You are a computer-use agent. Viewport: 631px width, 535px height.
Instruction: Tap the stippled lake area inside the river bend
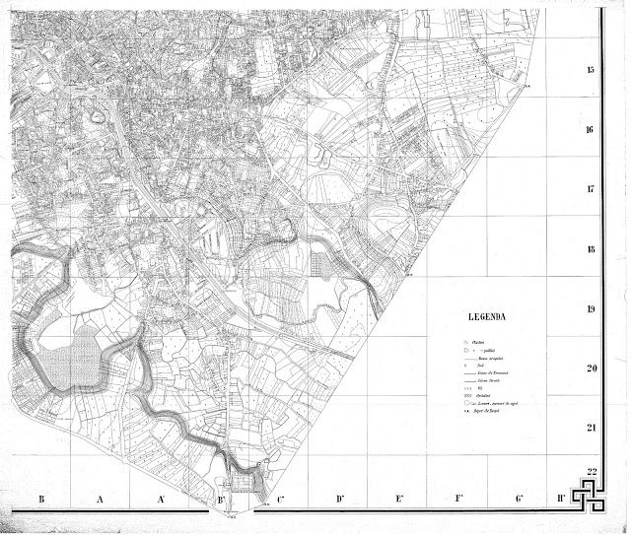click(76, 356)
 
